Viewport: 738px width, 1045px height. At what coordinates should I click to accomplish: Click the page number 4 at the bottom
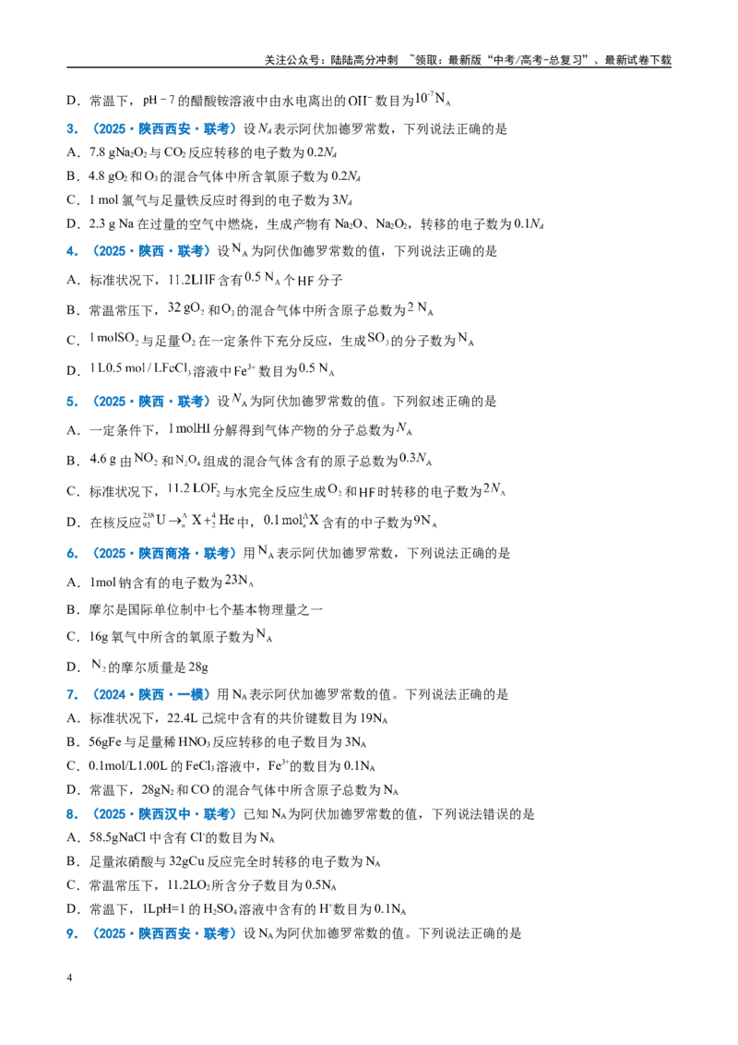coord(69,978)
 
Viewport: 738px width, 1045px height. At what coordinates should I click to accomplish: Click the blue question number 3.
coord(72,129)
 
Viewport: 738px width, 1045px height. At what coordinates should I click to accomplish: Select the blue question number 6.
coord(72,554)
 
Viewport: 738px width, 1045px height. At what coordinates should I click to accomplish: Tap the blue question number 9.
coord(72,933)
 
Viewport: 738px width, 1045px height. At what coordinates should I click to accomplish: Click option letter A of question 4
coord(73,281)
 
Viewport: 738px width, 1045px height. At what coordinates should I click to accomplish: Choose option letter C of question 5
coord(73,492)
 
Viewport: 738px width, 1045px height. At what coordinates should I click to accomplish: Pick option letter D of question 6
coord(73,667)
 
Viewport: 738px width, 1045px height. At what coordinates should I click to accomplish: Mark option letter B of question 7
coord(73,742)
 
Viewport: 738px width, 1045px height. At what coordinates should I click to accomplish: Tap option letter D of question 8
coord(73,909)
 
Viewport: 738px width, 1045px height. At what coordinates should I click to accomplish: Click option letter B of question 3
coord(73,176)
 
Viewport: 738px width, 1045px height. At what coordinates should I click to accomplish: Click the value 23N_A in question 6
coord(239,582)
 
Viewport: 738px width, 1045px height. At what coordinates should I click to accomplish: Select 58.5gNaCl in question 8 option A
coord(117,837)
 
